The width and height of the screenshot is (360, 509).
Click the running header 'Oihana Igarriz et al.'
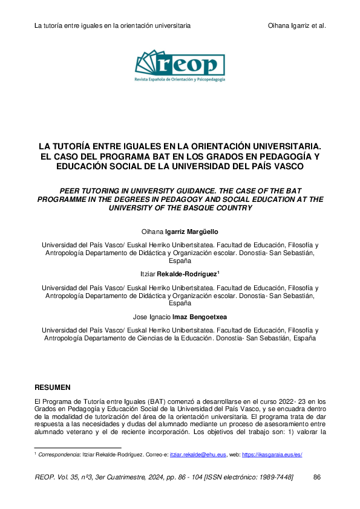[296, 26]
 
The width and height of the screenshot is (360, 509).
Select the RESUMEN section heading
[53, 387]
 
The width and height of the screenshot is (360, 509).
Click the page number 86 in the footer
[317, 478]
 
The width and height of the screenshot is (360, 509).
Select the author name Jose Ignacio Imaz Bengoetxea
[180, 316]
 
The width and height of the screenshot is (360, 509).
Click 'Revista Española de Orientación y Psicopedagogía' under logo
[180, 79]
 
